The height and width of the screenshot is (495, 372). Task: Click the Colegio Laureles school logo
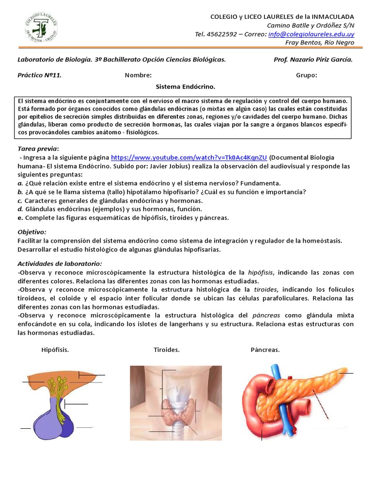tap(41, 28)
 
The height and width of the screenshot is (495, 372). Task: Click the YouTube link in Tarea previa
tap(189, 158)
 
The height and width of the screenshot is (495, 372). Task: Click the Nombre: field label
tap(138, 75)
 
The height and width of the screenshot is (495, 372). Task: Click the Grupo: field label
tap(307, 75)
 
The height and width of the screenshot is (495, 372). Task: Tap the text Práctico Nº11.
tap(39, 75)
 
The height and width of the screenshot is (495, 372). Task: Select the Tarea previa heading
tap(38, 148)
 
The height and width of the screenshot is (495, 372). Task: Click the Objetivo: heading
tap(31, 232)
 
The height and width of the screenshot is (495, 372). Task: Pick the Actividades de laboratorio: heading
tap(60, 263)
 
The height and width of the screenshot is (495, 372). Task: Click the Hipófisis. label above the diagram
tap(55, 350)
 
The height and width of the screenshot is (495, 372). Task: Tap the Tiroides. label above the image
tap(167, 350)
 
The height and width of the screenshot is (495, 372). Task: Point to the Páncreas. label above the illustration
tap(265, 350)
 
